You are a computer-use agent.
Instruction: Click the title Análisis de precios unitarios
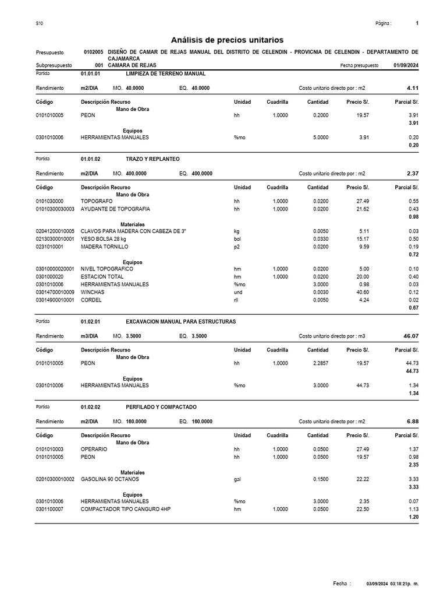[x=227, y=40]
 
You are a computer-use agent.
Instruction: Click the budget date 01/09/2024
[x=405, y=66]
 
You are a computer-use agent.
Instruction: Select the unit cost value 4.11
[x=413, y=88]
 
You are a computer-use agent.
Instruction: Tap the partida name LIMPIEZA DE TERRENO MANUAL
[x=165, y=74]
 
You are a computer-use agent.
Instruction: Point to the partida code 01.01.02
[x=90, y=159]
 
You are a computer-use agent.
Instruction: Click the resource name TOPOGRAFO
[x=97, y=201]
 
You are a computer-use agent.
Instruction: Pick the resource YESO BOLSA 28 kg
[x=103, y=239]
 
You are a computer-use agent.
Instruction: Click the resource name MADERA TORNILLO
[x=104, y=247]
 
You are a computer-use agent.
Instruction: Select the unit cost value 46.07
[x=411, y=336]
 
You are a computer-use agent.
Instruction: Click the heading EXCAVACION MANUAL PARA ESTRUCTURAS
[x=181, y=322]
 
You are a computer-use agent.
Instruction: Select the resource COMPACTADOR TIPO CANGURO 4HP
[x=125, y=509]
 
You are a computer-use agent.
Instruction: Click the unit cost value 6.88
[x=413, y=421]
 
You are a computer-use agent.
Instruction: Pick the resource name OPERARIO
[x=94, y=449]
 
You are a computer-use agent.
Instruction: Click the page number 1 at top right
[x=417, y=23]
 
